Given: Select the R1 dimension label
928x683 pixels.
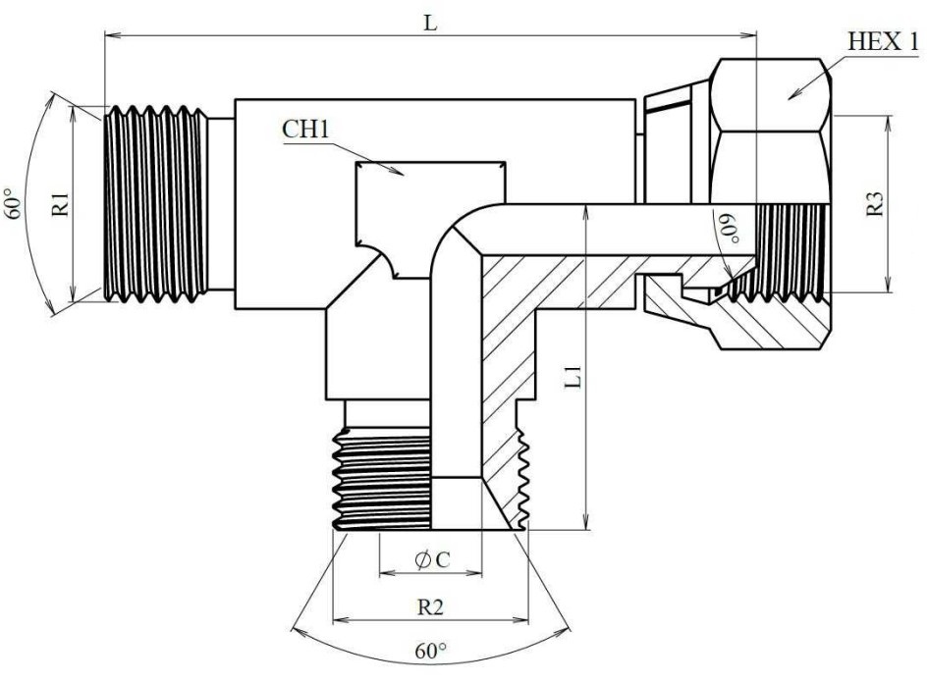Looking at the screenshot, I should (61, 203).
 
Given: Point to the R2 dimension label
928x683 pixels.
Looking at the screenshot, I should (430, 607).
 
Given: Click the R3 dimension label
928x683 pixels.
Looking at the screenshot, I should (877, 205).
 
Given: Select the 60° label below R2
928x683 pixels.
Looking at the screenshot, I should (430, 651).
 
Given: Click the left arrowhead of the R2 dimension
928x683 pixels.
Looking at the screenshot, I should (340, 620).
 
